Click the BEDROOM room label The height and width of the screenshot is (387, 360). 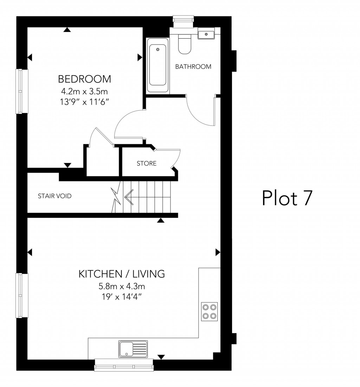tap(84, 79)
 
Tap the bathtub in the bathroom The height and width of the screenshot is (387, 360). tap(158, 66)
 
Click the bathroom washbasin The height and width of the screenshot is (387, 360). tap(206, 34)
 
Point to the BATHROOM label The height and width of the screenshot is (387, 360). tap(193, 66)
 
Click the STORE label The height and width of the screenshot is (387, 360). tap(146, 163)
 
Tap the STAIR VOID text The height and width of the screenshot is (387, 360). tap(54, 196)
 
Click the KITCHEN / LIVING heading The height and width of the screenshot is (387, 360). tap(122, 274)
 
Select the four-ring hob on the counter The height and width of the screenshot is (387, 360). tap(209, 311)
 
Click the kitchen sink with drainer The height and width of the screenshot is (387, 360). tap(133, 349)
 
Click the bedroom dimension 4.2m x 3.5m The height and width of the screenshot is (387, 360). tap(84, 91)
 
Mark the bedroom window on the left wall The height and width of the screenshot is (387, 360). tap(22, 91)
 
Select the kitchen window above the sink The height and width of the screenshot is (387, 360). tap(124, 366)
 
